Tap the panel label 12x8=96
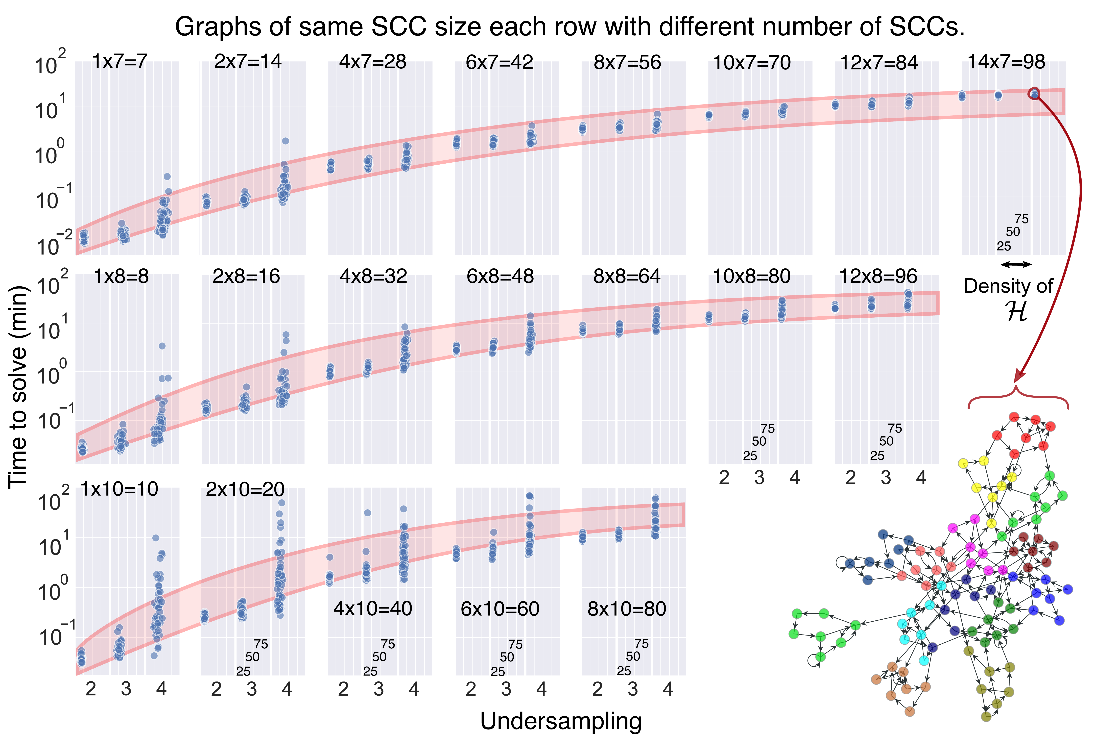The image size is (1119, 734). (x=878, y=276)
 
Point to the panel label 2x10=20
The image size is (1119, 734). (x=245, y=490)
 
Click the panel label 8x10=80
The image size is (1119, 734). (x=627, y=609)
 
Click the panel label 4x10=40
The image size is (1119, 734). (x=373, y=609)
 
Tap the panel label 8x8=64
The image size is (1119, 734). (x=627, y=276)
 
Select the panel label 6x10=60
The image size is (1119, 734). (x=500, y=609)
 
